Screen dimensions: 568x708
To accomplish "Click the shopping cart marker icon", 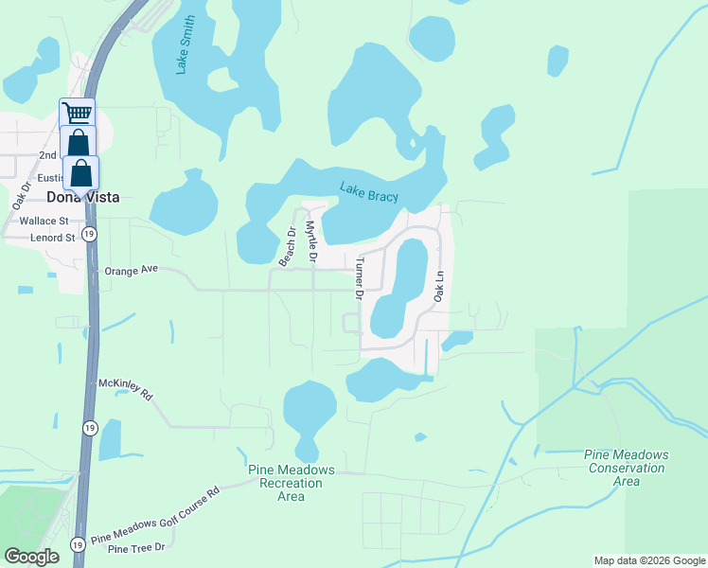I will pyautogui.click(x=78, y=115).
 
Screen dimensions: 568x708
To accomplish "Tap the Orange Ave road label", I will pyautogui.click(x=132, y=270).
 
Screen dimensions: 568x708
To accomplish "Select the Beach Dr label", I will pyautogui.click(x=286, y=245).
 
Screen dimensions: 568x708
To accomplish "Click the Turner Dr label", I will pyautogui.click(x=360, y=278).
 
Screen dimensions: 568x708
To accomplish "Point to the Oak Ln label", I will pyautogui.click(x=438, y=285).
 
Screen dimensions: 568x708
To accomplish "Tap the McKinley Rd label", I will pyautogui.click(x=125, y=390).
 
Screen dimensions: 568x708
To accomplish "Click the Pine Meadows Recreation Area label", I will pyautogui.click(x=292, y=483).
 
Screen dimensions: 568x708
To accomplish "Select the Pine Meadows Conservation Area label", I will pyautogui.click(x=626, y=468).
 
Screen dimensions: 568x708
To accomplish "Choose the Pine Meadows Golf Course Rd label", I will pyautogui.click(x=156, y=518).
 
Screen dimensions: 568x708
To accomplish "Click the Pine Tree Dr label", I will pyautogui.click(x=136, y=548).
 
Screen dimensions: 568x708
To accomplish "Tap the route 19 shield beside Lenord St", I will pyautogui.click(x=88, y=234).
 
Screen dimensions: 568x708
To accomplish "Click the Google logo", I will pyautogui.click(x=31, y=557).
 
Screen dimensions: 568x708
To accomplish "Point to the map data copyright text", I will pyautogui.click(x=647, y=560).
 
